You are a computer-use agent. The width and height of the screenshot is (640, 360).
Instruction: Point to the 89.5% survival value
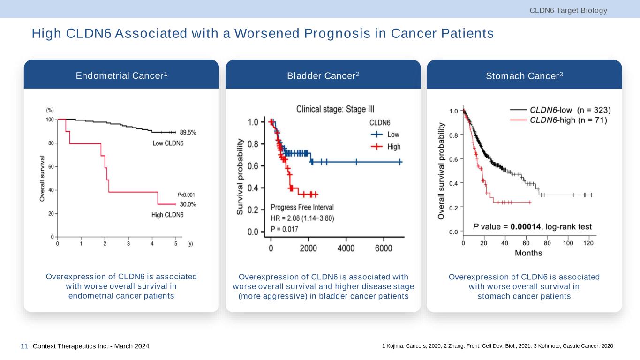click(x=188, y=133)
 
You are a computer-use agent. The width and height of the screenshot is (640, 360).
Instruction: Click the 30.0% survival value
click(x=188, y=204)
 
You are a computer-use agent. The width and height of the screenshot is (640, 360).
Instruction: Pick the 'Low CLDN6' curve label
click(x=168, y=143)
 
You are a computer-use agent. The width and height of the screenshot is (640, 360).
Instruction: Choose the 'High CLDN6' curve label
click(x=167, y=215)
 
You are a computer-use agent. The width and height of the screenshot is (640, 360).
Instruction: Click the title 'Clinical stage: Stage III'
click(x=335, y=108)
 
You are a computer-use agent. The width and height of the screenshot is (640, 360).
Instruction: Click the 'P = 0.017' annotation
click(x=287, y=229)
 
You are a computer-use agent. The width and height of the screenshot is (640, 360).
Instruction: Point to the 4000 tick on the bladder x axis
click(x=346, y=249)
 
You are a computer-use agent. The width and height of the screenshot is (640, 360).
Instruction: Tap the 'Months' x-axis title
click(x=528, y=253)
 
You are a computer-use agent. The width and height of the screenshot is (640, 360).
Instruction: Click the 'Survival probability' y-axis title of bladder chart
click(x=241, y=177)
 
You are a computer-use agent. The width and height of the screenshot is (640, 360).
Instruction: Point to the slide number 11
click(x=24, y=346)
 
